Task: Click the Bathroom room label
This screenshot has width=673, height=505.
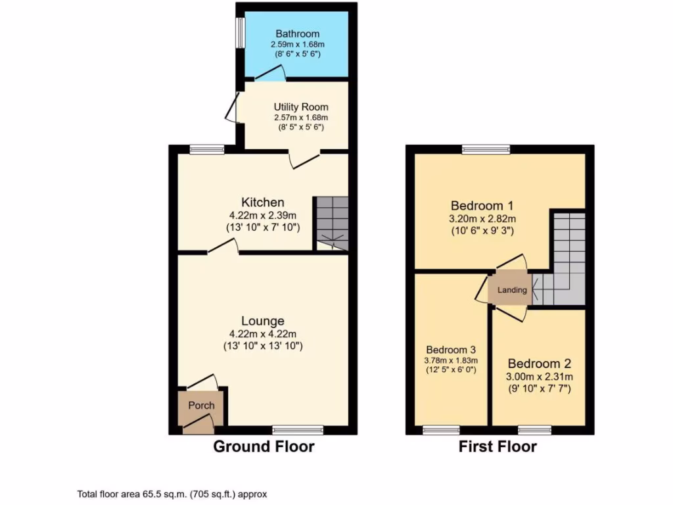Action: tap(297, 34)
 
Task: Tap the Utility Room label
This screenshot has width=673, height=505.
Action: tap(301, 107)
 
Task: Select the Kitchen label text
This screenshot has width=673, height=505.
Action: tap(262, 202)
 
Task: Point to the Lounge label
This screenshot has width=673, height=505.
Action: tap(262, 321)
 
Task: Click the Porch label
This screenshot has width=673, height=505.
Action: tap(201, 405)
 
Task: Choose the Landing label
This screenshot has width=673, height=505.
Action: tap(512, 290)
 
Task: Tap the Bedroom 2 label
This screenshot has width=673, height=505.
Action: tap(540, 364)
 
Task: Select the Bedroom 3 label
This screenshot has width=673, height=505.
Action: tap(450, 350)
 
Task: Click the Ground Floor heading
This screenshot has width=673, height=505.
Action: tap(263, 447)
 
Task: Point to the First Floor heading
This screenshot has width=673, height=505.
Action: tap(498, 447)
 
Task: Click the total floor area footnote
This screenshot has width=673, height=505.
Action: tap(172, 494)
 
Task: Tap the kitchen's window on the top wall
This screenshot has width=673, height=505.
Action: tap(207, 149)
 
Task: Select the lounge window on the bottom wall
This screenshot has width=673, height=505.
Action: tap(298, 430)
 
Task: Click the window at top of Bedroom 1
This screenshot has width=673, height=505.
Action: tap(486, 149)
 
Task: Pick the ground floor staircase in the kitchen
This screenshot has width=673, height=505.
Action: tap(332, 224)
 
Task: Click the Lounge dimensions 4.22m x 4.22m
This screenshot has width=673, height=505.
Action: tap(262, 334)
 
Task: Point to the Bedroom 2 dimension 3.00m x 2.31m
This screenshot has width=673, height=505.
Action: tap(540, 377)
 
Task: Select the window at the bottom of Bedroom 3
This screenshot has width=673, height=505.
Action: tap(441, 430)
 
